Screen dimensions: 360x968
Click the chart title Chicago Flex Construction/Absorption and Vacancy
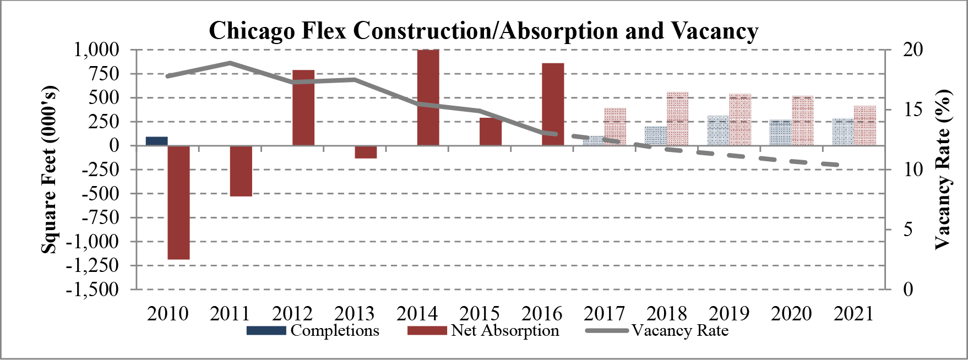coord(483,31)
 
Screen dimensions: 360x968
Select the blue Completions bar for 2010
coord(156,141)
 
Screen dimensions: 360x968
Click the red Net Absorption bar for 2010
coord(178,202)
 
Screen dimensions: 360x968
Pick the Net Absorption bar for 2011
coord(241,171)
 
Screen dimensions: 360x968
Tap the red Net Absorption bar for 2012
coord(303,108)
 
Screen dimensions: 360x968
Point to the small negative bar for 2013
coord(366,152)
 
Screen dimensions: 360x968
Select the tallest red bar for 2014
coord(428,98)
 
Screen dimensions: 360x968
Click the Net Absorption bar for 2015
coord(491,132)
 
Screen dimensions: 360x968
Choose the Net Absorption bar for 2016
coord(553,105)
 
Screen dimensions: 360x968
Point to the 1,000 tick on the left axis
coord(96,50)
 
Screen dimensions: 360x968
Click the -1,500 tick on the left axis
coord(92,290)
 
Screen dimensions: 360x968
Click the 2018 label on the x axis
coord(667,314)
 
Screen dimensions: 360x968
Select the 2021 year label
coord(853,314)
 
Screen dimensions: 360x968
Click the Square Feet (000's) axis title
coord(50,170)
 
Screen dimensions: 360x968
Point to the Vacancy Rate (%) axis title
coord(943,170)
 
